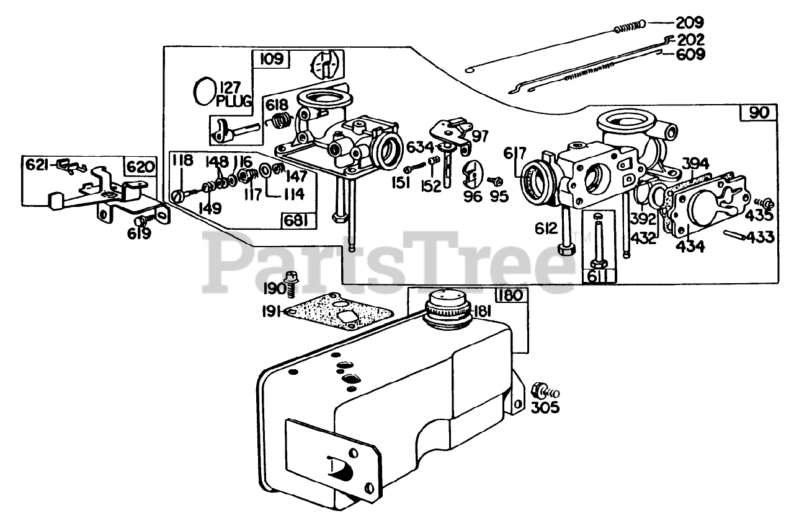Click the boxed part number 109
click(x=270, y=59)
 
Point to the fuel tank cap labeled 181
click(x=445, y=308)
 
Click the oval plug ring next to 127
click(x=203, y=92)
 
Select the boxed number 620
click(x=139, y=166)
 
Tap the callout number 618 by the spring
click(x=279, y=103)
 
